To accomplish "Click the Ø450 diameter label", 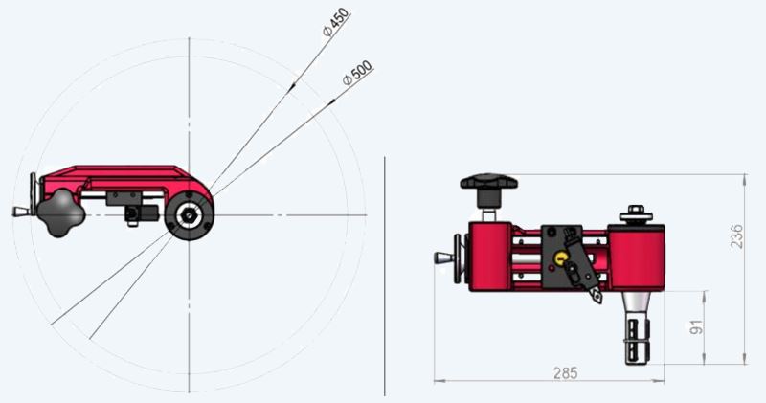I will pos(336,22).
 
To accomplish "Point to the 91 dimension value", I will pos(695,327).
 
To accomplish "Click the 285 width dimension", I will pos(566,372).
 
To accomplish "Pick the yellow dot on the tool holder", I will pos(559,257).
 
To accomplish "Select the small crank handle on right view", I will pos(444,257).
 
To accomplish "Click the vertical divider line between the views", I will pos(384,278).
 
